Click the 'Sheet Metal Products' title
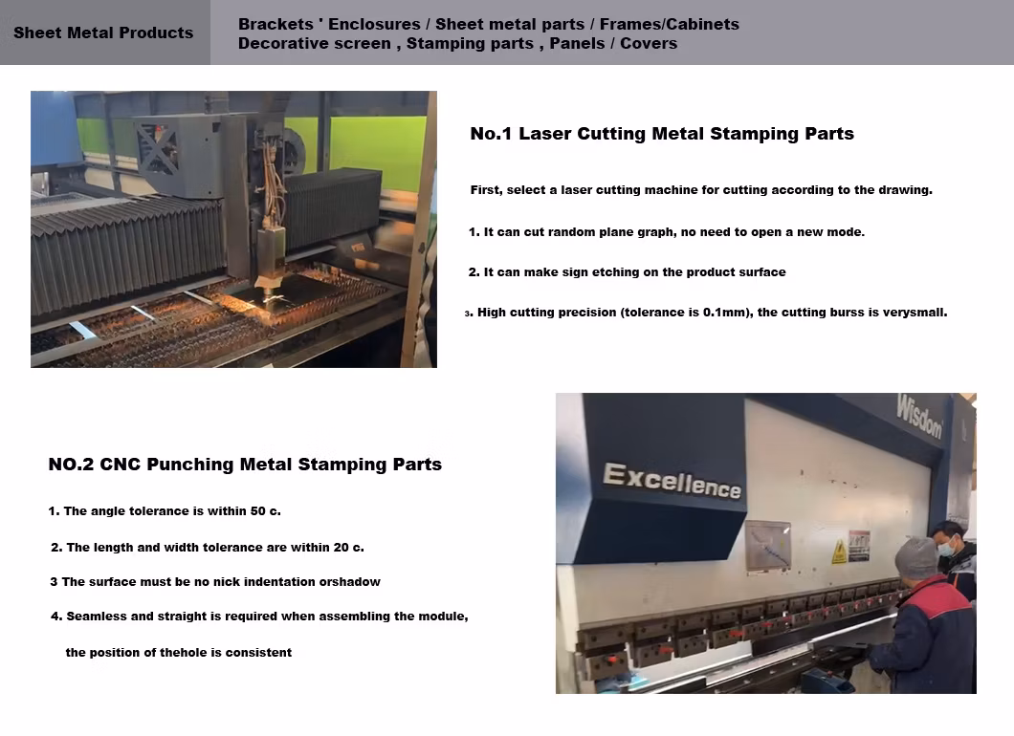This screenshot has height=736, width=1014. pyautogui.click(x=103, y=32)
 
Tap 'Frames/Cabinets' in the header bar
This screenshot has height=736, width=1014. pyautogui.click(x=670, y=24)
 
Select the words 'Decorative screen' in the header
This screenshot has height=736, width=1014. pyautogui.click(x=315, y=43)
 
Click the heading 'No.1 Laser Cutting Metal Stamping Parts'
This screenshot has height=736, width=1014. pyautogui.click(x=662, y=134)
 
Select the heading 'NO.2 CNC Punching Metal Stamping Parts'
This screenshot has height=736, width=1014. pyautogui.click(x=245, y=465)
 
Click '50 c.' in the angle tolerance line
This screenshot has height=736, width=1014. pyautogui.click(x=266, y=511)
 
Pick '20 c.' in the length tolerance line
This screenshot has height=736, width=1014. pyautogui.click(x=348, y=548)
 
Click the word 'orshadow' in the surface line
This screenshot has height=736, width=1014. pyautogui.click(x=350, y=581)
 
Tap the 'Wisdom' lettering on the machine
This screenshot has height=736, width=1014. pyautogui.click(x=919, y=417)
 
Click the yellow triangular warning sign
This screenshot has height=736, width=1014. pyautogui.click(x=839, y=552)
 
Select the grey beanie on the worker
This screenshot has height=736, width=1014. pyautogui.click(x=916, y=556)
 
